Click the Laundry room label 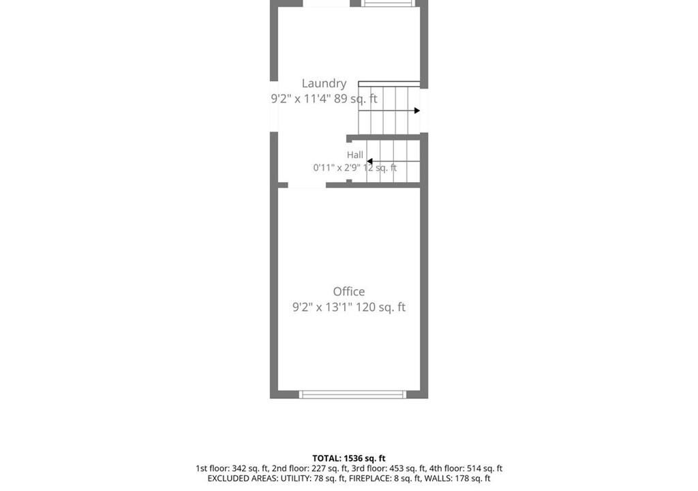[x=324, y=84]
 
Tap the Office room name [x=349, y=291]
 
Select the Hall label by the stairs [x=354, y=155]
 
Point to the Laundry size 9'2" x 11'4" [x=301, y=98]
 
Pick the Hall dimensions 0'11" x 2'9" [x=335, y=168]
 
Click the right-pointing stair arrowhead [x=417, y=110]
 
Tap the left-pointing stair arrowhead [x=369, y=162]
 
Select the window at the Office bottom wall [x=352, y=394]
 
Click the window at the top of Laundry [x=388, y=3]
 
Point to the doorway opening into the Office [x=307, y=185]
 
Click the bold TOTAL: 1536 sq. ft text [x=349, y=458]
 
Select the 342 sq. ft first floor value [x=250, y=468]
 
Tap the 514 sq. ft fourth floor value [x=485, y=468]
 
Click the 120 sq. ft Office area [x=380, y=307]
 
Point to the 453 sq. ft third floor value [x=408, y=468]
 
